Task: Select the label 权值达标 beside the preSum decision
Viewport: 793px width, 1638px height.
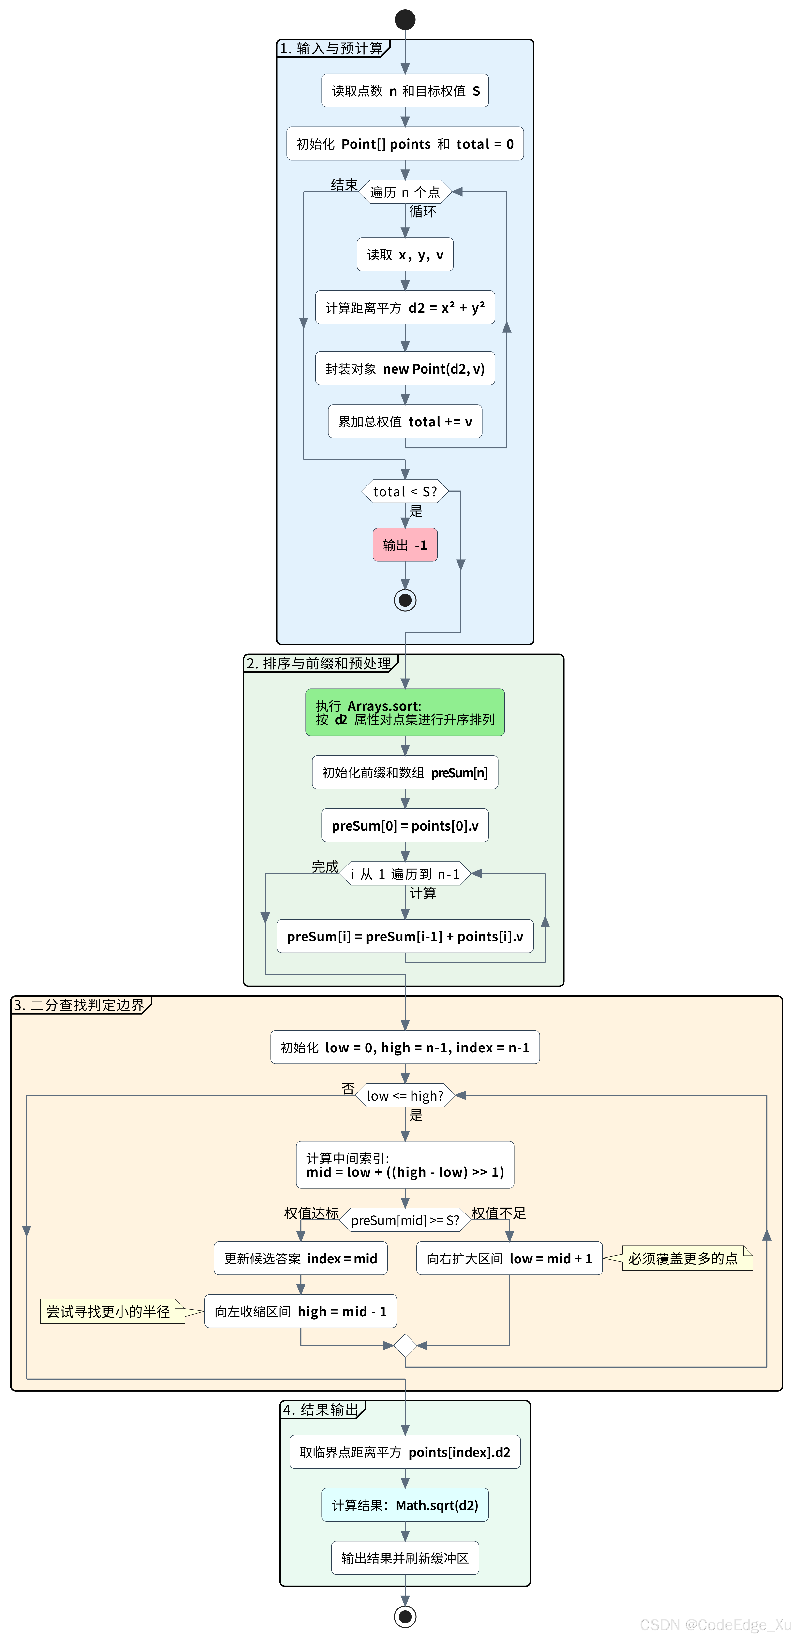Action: click(x=311, y=1213)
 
